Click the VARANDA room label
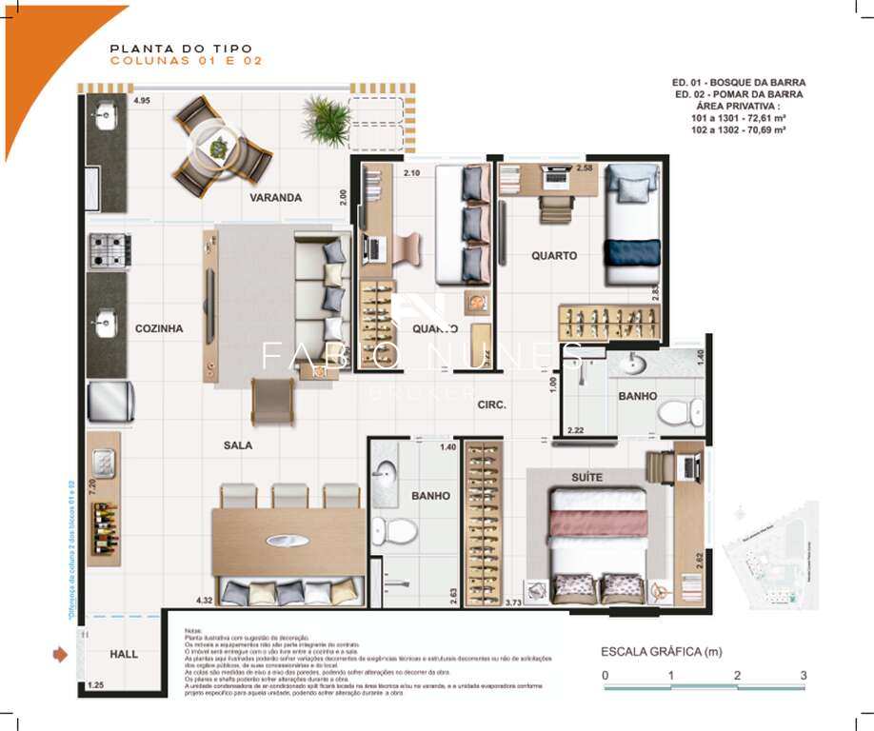click(x=276, y=198)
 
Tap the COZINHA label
click(x=158, y=328)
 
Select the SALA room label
click(x=238, y=445)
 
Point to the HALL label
click(x=124, y=654)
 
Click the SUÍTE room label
click(x=587, y=477)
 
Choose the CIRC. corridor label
click(x=491, y=405)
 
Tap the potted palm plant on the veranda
click(x=327, y=120)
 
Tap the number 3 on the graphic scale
click(x=804, y=675)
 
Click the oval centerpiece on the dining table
click(x=287, y=541)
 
